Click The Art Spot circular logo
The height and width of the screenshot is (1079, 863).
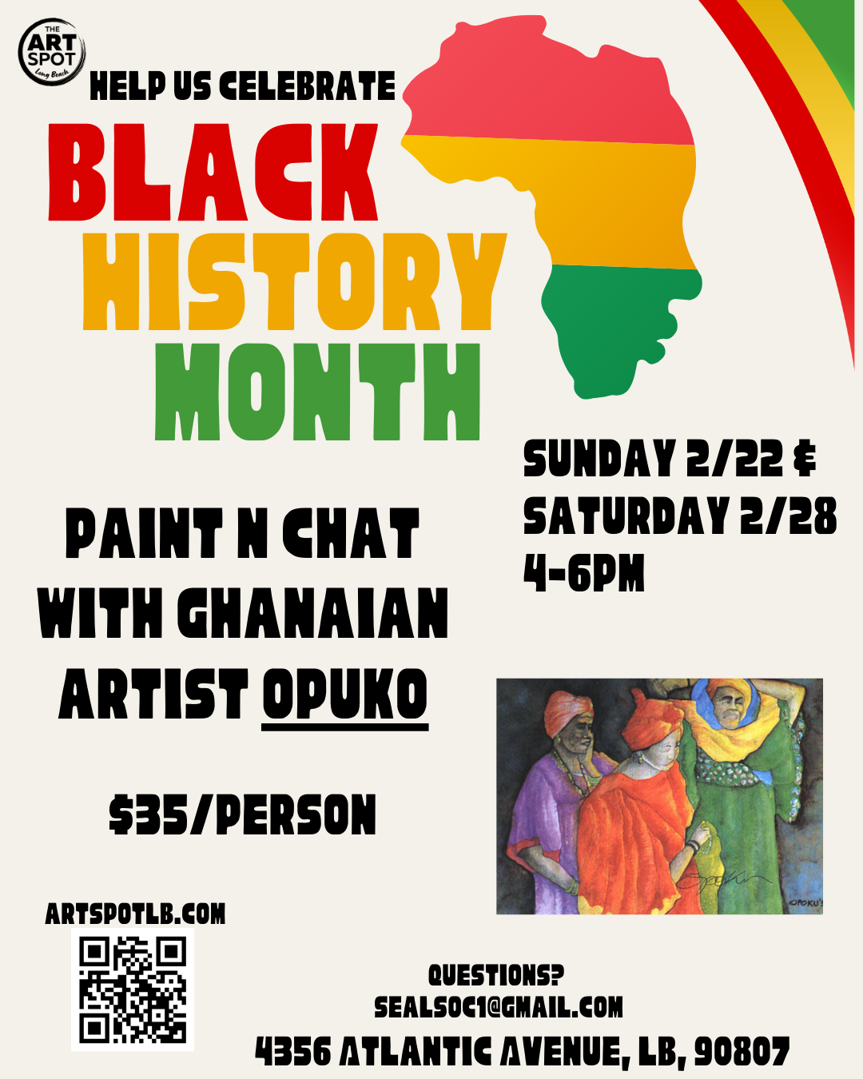[52, 51]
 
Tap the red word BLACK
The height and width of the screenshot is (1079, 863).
[213, 173]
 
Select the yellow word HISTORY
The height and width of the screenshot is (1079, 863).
[294, 282]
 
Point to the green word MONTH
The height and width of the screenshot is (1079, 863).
[317, 392]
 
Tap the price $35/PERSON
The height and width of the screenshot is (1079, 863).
[242, 815]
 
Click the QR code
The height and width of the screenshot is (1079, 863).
[133, 990]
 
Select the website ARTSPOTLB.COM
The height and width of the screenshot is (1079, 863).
[135, 914]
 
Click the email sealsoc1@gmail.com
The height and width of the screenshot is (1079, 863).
[499, 1007]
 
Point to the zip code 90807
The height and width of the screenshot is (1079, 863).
[742, 1052]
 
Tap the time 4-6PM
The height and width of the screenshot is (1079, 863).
[584, 573]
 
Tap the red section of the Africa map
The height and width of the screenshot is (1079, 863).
[551, 88]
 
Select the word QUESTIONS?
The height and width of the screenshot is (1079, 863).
[495, 975]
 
